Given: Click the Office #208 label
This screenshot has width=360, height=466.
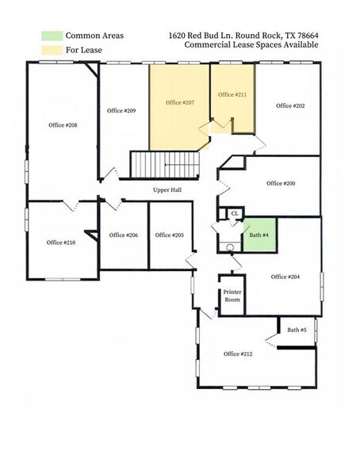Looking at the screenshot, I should pyautogui.click(x=63, y=125).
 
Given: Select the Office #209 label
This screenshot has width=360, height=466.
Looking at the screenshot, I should pyautogui.click(x=121, y=110).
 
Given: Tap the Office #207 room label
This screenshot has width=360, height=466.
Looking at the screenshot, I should pyautogui.click(x=180, y=103).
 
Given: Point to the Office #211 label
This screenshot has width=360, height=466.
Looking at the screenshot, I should pyautogui.click(x=232, y=95).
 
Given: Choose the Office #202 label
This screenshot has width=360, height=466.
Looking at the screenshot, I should pyautogui.click(x=290, y=105).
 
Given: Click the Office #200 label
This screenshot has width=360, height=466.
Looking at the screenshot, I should pyautogui.click(x=281, y=183).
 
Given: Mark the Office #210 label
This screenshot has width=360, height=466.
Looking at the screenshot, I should pyautogui.click(x=61, y=243).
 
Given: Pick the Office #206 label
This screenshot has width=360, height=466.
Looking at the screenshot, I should pyautogui.click(x=124, y=235).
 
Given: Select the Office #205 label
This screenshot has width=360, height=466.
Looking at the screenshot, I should pyautogui.click(x=170, y=235).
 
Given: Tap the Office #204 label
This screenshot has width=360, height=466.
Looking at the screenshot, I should pyautogui.click(x=285, y=277).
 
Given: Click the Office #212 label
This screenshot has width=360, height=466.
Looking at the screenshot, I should pyautogui.click(x=238, y=353).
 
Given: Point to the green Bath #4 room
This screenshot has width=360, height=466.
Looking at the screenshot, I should pyautogui.click(x=259, y=235).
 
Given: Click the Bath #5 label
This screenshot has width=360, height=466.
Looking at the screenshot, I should pyautogui.click(x=298, y=330).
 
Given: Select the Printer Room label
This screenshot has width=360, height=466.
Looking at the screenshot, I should pyautogui.click(x=232, y=296).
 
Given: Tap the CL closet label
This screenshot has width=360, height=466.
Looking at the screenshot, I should pyautogui.click(x=234, y=214).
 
